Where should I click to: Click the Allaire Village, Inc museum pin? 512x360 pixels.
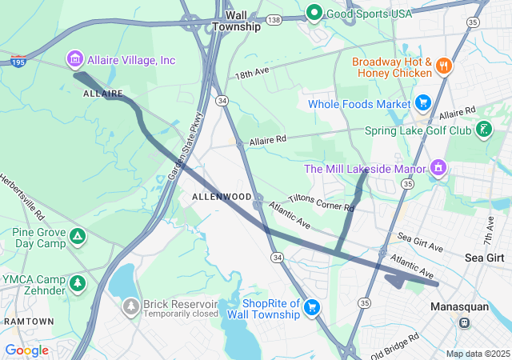click(x=75, y=59)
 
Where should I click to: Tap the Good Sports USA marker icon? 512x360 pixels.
click(x=314, y=13)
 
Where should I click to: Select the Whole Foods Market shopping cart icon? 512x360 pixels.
click(x=422, y=103)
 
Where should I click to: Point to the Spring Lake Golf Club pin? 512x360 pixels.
click(x=483, y=130)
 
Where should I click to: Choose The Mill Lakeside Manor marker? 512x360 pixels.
click(x=438, y=168)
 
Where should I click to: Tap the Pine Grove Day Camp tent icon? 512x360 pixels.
click(x=77, y=236)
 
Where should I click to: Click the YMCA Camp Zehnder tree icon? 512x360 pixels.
click(x=77, y=283)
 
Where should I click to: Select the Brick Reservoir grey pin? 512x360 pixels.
click(x=130, y=306)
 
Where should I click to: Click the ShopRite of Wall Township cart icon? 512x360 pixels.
click(x=312, y=306)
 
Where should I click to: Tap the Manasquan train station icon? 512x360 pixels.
click(x=463, y=322)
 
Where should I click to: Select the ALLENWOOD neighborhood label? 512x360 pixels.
click(x=222, y=197)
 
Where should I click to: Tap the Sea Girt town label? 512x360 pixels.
click(x=485, y=258)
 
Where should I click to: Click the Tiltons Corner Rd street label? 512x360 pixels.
click(x=321, y=202)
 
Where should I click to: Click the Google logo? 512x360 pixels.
click(x=26, y=350)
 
